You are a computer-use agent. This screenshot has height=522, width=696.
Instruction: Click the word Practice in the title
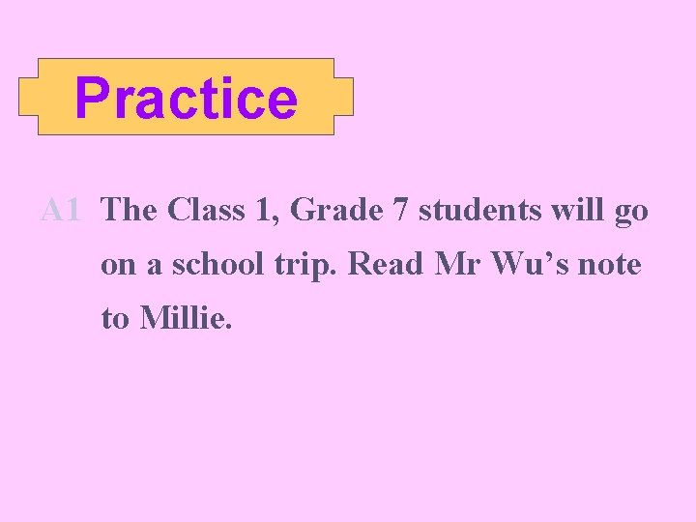pyautogui.click(x=186, y=98)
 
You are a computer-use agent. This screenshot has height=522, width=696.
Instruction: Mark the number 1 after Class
pyautogui.click(x=260, y=210)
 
